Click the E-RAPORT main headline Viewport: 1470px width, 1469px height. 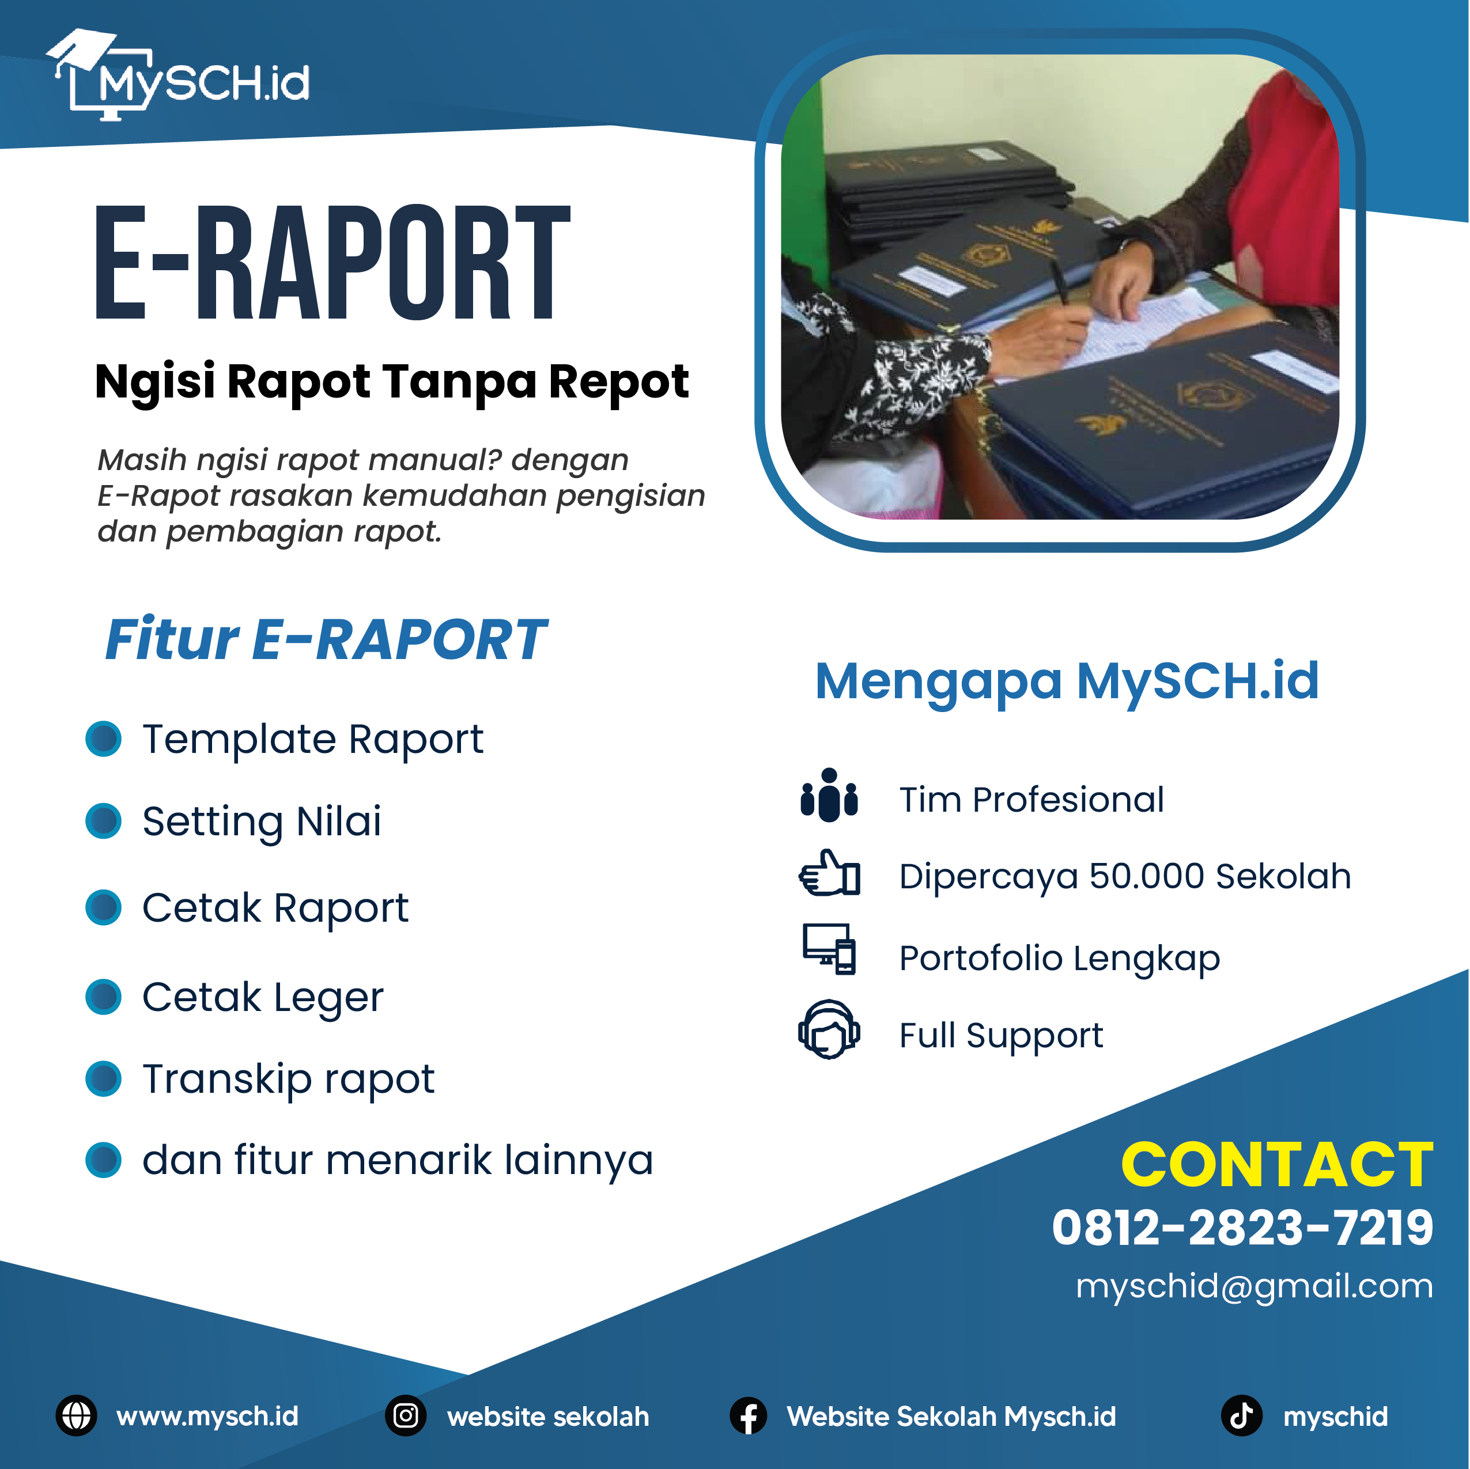pyautogui.click(x=332, y=263)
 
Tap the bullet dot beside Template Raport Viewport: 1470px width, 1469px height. pyautogui.click(x=104, y=739)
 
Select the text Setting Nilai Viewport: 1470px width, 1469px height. pyautogui.click(x=262, y=821)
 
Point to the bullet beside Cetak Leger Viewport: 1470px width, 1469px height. pyautogui.click(x=104, y=997)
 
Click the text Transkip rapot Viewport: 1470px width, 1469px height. pyautogui.click(x=288, y=1080)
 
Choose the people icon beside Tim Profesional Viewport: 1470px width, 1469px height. pyautogui.click(x=829, y=795)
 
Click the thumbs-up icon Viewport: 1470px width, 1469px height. pyautogui.click(x=829, y=873)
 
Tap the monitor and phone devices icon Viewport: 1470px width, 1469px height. pyautogui.click(x=829, y=949)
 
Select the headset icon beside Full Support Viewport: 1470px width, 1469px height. pyautogui.click(x=829, y=1029)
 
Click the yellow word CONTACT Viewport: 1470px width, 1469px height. pyautogui.click(x=1278, y=1165)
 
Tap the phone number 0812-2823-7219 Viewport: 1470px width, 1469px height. pyautogui.click(x=1242, y=1228)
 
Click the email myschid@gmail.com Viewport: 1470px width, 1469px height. pyautogui.click(x=1254, y=1286)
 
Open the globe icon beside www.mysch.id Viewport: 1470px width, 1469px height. pyautogui.click(x=76, y=1416)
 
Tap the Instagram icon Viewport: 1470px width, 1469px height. pyautogui.click(x=406, y=1416)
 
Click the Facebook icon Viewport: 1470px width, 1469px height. pyautogui.click(x=749, y=1416)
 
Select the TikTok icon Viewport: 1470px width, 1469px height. pyautogui.click(x=1242, y=1416)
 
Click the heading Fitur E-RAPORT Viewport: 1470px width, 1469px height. pyautogui.click(x=325, y=640)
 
